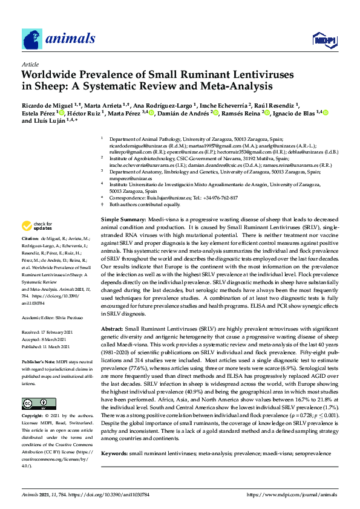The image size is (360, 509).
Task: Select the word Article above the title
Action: [30, 64]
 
